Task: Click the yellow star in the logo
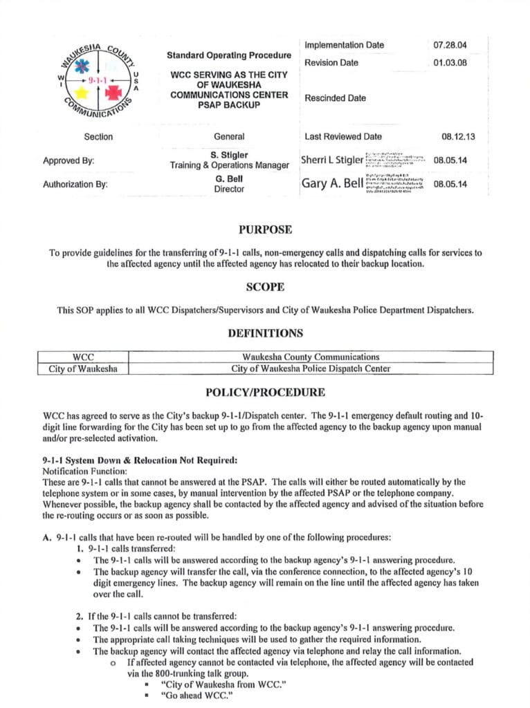click(x=81, y=91)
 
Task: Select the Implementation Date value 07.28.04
click(x=450, y=46)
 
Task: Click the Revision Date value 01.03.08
click(x=450, y=63)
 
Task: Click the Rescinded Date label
click(x=335, y=98)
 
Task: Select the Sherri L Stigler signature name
click(x=331, y=160)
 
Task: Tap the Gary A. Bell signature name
click(x=331, y=184)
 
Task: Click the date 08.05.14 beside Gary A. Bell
click(x=450, y=184)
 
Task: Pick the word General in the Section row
click(x=228, y=137)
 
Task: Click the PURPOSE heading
click(x=265, y=230)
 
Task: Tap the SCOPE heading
click(x=265, y=286)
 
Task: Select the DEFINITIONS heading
click(x=265, y=333)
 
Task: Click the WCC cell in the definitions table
click(x=83, y=357)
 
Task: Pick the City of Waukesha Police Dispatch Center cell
click(x=311, y=369)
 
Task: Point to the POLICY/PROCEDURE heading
click(x=265, y=393)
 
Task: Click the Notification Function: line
click(x=82, y=469)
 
